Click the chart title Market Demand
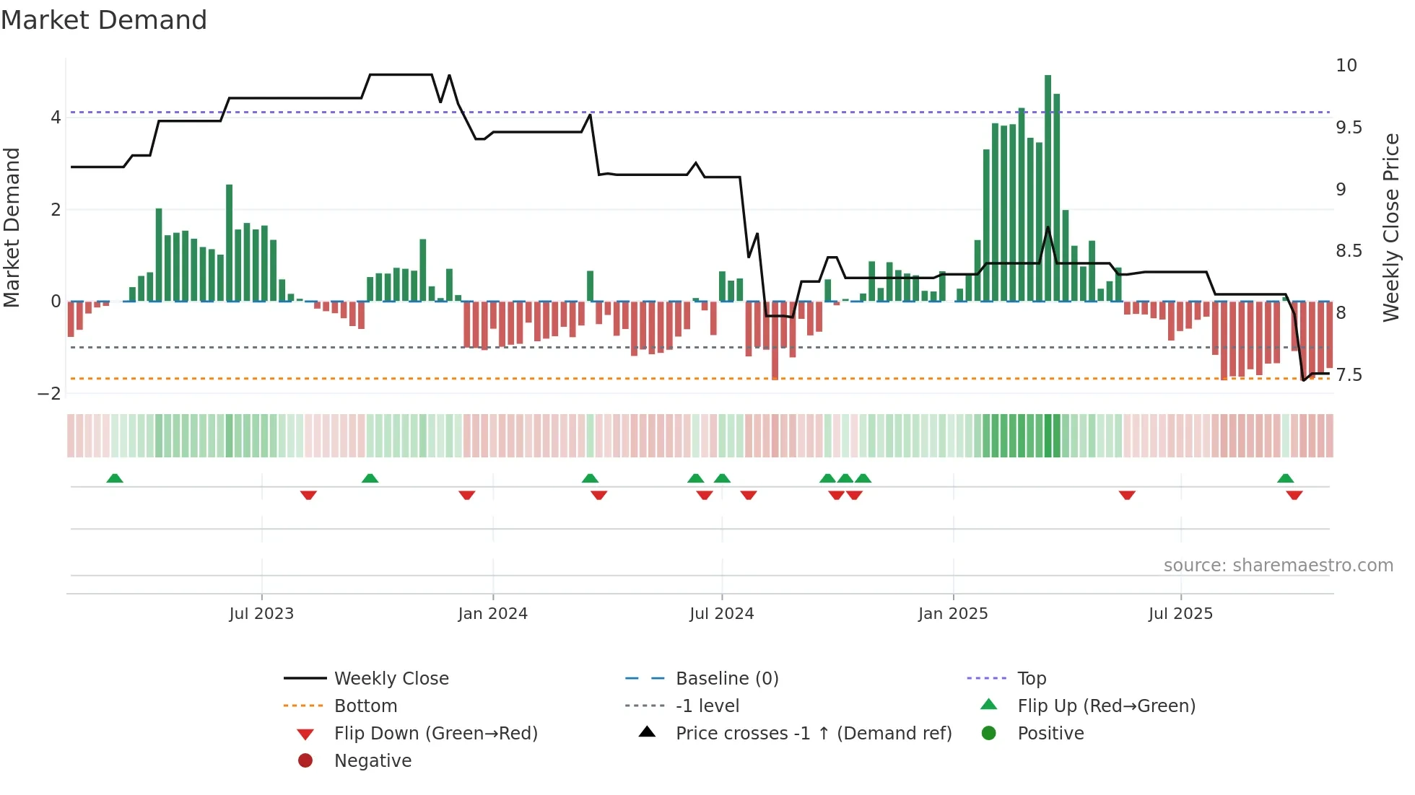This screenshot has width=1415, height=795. point(104,20)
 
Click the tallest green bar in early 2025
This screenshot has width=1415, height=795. point(1048,188)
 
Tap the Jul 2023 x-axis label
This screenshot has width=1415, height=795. point(261,614)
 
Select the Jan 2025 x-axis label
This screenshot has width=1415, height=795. point(953,614)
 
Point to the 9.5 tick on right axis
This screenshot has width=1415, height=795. point(1348,128)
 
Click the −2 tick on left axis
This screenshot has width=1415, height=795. point(49,393)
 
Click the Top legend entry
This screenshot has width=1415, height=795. point(1031,678)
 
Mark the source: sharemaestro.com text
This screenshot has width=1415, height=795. point(1278,565)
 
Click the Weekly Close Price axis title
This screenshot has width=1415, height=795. point(1390,227)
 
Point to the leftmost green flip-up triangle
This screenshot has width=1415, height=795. point(115,478)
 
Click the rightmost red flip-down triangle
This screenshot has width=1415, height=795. point(1294,495)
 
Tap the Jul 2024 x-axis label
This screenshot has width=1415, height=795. point(721,614)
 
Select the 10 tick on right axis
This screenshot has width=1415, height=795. point(1346,66)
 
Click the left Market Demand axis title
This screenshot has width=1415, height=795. point(12,227)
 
